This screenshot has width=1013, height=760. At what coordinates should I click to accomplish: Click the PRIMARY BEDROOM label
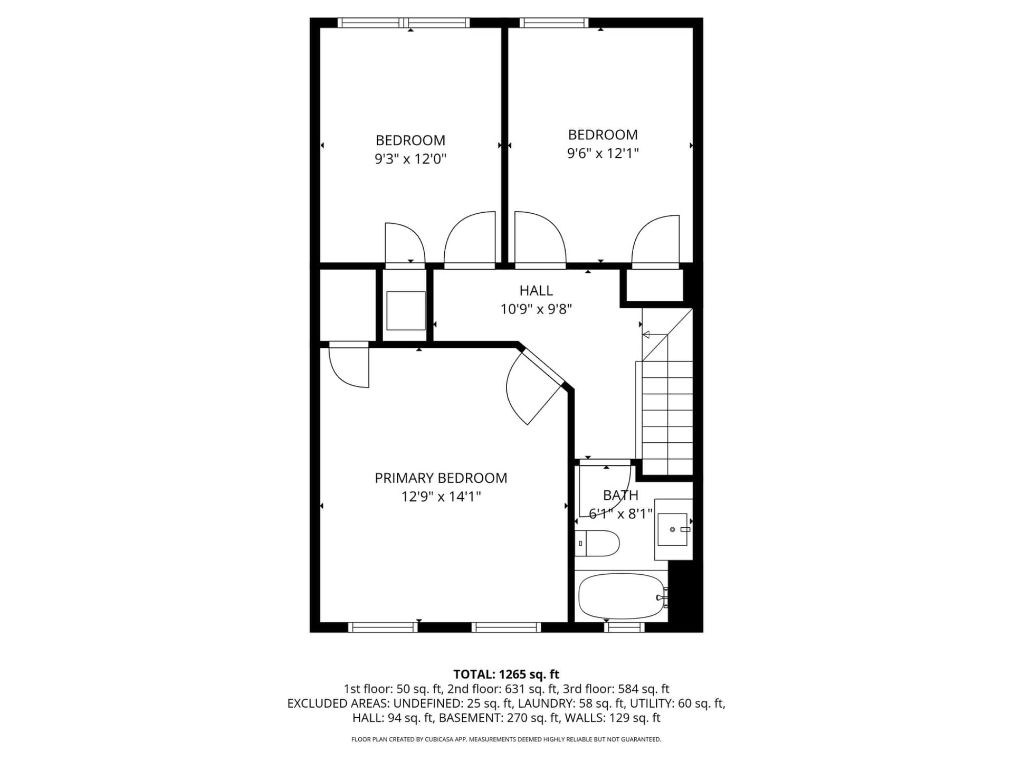pos(441,478)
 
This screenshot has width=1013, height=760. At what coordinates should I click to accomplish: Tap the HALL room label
pos(536,291)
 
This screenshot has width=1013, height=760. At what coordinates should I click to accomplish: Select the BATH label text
pos(620,495)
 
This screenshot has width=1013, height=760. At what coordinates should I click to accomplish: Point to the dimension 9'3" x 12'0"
pos(410,159)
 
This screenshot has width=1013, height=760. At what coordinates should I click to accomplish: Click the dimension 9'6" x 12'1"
pos(603,153)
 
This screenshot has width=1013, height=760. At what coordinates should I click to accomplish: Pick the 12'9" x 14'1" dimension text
pos(441,497)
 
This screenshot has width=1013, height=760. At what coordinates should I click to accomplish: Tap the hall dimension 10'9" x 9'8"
pos(536,309)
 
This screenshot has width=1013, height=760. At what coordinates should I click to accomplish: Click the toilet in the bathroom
pos(597,543)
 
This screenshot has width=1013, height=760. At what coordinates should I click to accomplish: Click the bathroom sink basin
pos(673,529)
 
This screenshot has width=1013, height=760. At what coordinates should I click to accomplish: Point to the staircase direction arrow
pos(654,335)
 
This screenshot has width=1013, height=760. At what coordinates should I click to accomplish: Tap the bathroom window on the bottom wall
pos(624,627)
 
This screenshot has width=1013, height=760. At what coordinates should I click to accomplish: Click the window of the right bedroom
pos(553,23)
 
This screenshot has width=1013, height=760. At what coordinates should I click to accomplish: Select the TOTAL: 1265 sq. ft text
pos(506,674)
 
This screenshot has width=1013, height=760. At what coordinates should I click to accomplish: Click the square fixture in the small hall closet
pos(406,310)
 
